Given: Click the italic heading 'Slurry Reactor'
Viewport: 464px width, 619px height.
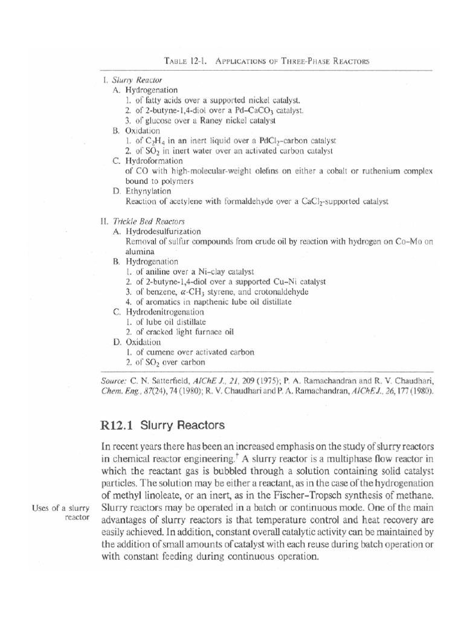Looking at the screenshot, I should tap(128, 80).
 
